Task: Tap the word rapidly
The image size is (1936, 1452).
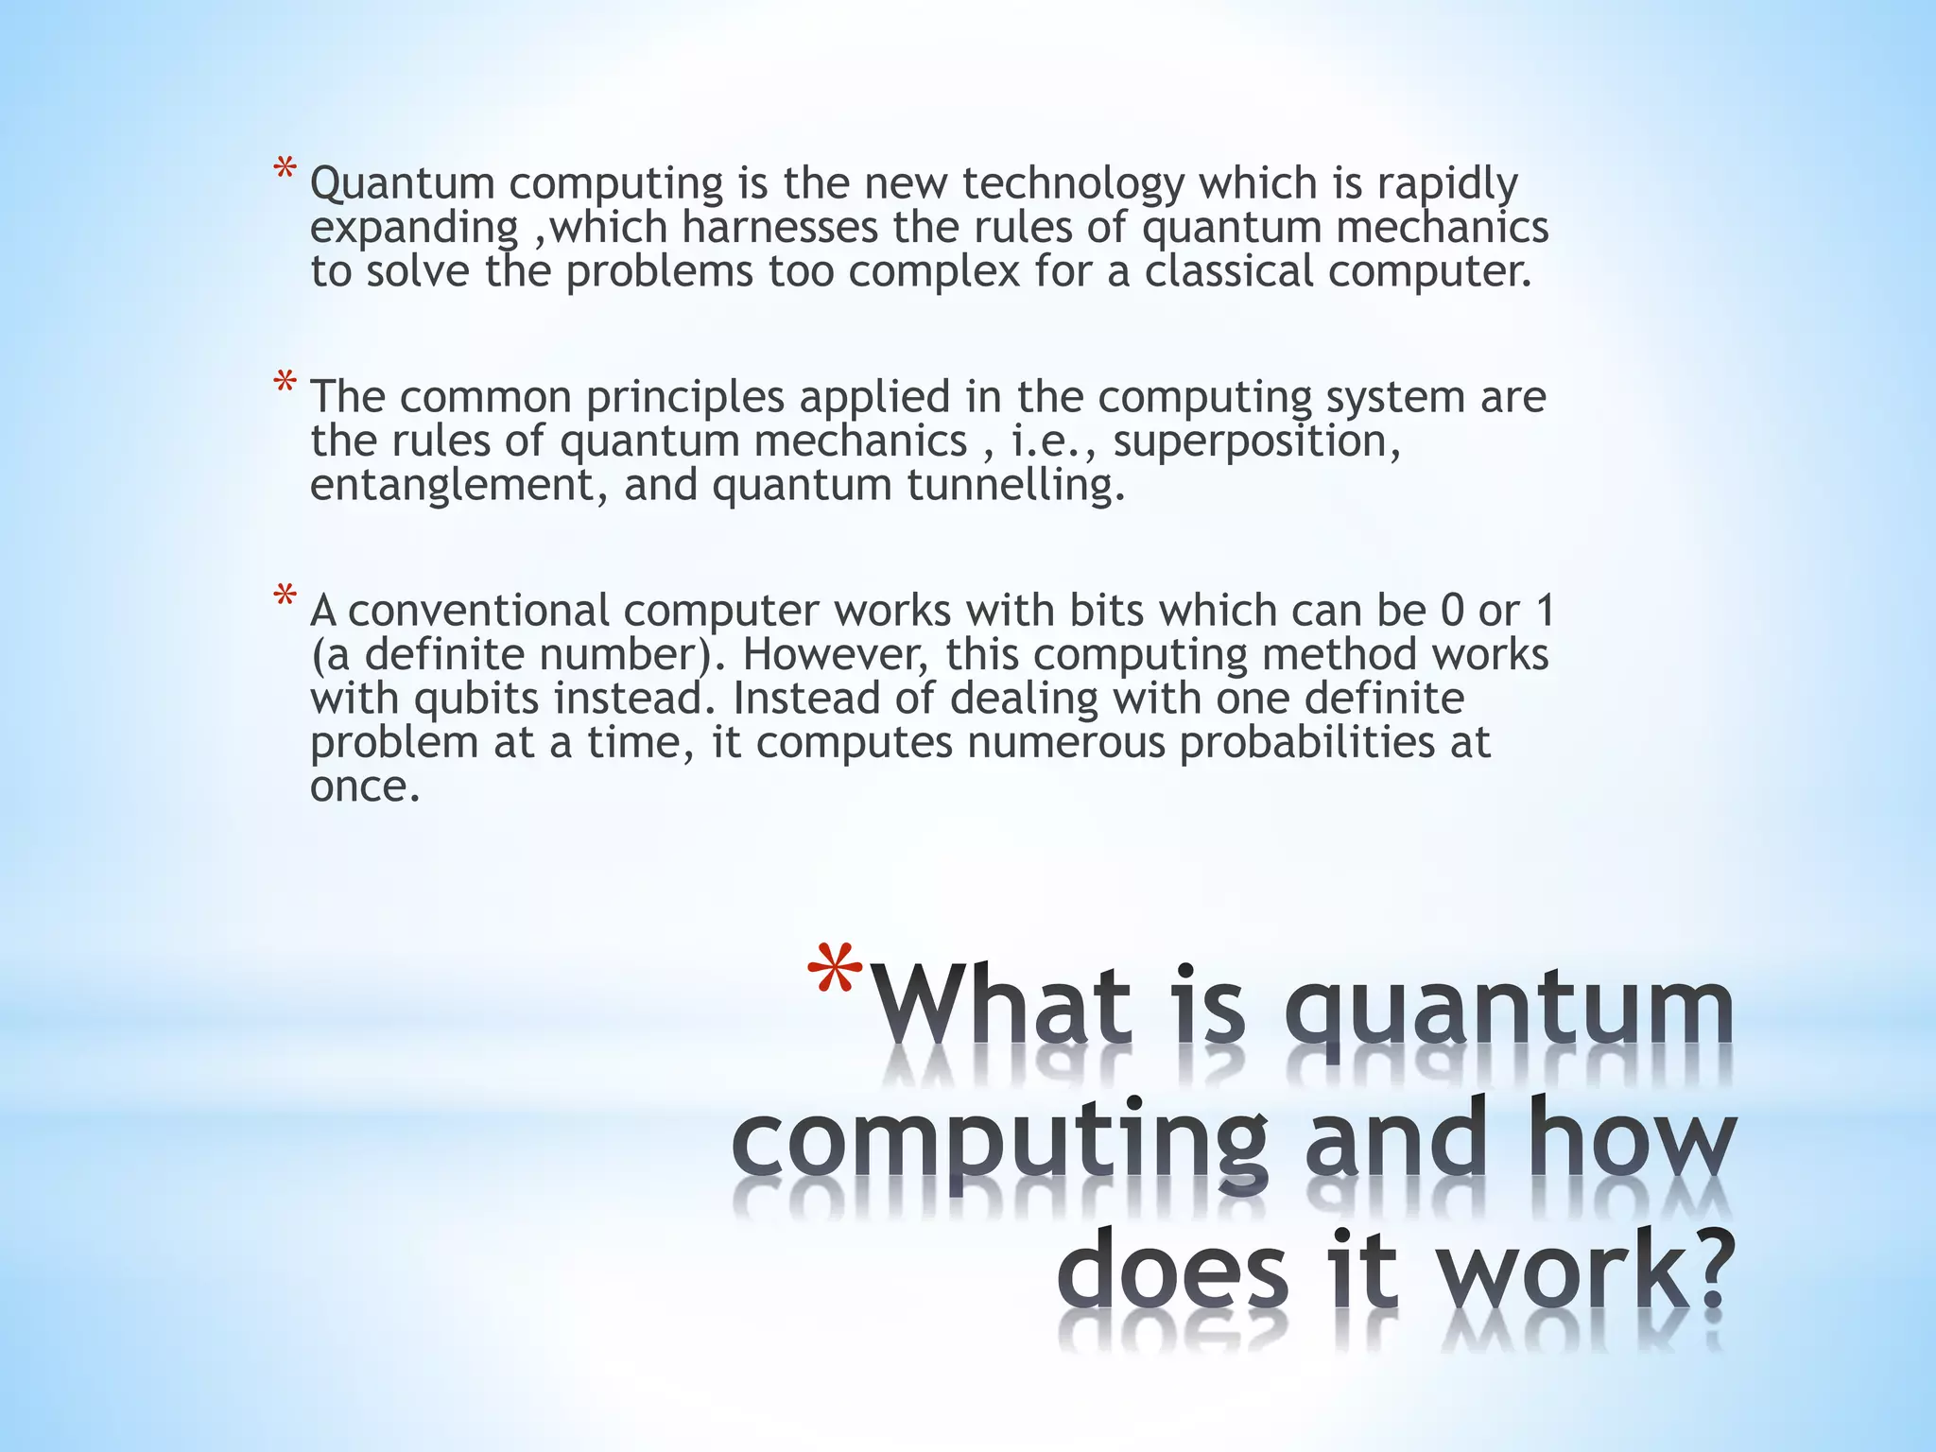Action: tap(1447, 183)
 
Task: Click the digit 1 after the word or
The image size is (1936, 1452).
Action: tap(1546, 611)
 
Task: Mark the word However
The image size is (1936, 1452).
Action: tap(823, 655)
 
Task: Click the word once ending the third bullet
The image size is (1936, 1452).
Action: tap(364, 786)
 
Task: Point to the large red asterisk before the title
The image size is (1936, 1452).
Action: tap(836, 974)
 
